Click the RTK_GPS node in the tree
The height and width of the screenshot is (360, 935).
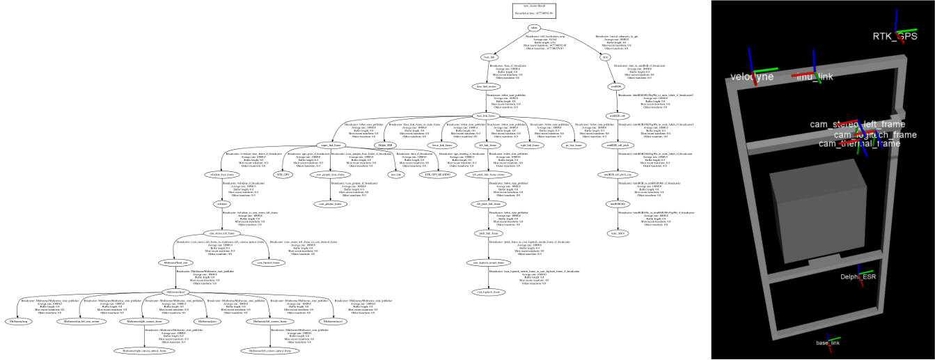tap(284, 174)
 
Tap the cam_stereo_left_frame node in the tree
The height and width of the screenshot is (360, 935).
tap(221, 233)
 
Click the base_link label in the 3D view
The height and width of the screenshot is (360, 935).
tap(828, 343)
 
